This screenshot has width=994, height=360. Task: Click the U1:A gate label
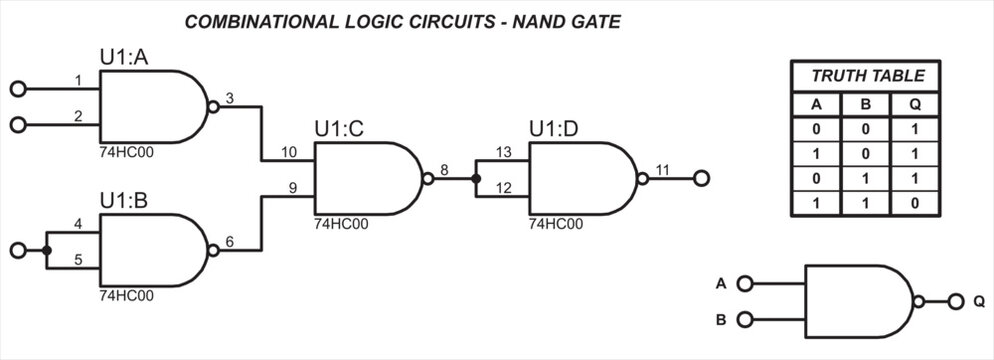(x=123, y=57)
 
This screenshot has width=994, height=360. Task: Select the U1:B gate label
(x=123, y=201)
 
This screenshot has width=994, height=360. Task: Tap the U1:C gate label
(x=338, y=128)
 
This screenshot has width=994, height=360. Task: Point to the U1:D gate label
(x=553, y=128)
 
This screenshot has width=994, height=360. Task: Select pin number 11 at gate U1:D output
(x=662, y=170)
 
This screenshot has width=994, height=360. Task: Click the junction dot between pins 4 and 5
(x=47, y=250)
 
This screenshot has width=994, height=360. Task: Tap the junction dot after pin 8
(x=476, y=180)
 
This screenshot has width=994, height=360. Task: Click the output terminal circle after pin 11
(x=701, y=180)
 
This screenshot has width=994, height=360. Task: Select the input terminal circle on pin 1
(x=17, y=89)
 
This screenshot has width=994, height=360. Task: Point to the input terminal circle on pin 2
(x=17, y=124)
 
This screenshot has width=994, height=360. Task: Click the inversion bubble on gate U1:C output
(x=428, y=180)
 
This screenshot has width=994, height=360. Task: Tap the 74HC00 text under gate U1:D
(x=556, y=224)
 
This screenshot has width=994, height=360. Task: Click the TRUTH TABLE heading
(x=867, y=76)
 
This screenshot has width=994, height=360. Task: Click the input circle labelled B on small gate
(x=743, y=320)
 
